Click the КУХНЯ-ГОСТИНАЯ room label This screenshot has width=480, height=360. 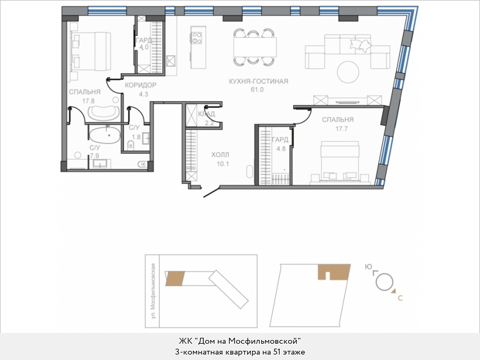258,81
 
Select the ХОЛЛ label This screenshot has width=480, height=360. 220,155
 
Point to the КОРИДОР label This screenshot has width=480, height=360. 140,86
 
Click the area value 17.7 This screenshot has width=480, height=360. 337,128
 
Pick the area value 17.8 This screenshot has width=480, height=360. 88,100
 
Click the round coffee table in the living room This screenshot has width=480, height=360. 348,72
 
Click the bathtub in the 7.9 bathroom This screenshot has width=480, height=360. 106,135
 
